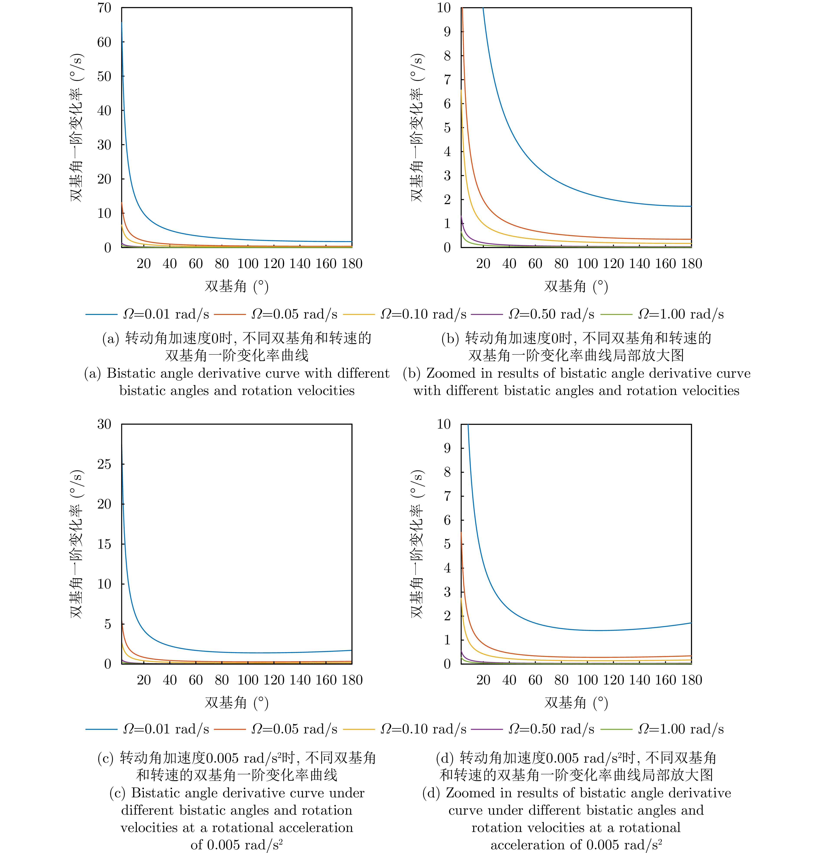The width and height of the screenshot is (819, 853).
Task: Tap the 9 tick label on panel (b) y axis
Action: [x=447, y=32]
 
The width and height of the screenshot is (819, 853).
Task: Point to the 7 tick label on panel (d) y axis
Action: [x=447, y=496]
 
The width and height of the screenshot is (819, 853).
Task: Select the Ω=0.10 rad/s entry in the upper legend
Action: [x=423, y=314]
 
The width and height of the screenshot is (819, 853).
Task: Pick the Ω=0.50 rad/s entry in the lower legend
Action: [x=551, y=729]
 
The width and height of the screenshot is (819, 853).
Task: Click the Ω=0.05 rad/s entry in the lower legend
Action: [x=294, y=729]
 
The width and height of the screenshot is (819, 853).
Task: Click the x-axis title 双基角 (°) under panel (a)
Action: [x=236, y=286]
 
